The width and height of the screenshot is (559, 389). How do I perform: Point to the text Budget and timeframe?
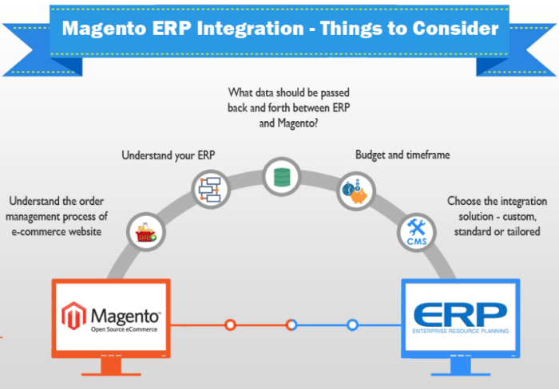402,155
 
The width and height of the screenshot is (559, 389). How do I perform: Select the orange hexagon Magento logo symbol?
73,316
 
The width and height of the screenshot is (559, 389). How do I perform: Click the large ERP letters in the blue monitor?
460,313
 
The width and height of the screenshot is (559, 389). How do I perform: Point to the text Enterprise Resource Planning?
460,330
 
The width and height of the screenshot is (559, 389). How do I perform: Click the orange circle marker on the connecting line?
230,324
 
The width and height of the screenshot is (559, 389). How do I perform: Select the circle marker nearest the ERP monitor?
352,324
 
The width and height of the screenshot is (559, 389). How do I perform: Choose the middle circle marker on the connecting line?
291,324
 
